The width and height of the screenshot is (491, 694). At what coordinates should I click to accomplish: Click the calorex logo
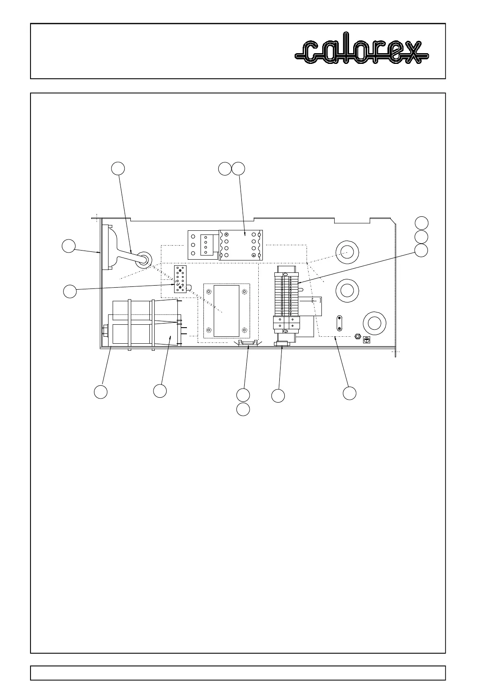[x=362, y=52]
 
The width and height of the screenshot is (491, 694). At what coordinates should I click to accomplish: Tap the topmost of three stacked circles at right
[x=421, y=223]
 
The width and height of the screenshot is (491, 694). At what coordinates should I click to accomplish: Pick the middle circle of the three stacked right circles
[x=421, y=237]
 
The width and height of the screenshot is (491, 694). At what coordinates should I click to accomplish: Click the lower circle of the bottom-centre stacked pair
[x=243, y=409]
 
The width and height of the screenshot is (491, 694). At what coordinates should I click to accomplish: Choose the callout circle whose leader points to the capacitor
[x=160, y=391]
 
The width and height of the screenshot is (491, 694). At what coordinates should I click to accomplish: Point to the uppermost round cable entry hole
[x=347, y=252]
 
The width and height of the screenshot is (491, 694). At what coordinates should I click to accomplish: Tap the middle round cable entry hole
[x=347, y=291]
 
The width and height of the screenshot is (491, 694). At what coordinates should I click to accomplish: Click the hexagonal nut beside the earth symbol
[x=358, y=337]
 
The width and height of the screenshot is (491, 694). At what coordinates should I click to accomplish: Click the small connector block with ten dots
[x=180, y=279]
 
